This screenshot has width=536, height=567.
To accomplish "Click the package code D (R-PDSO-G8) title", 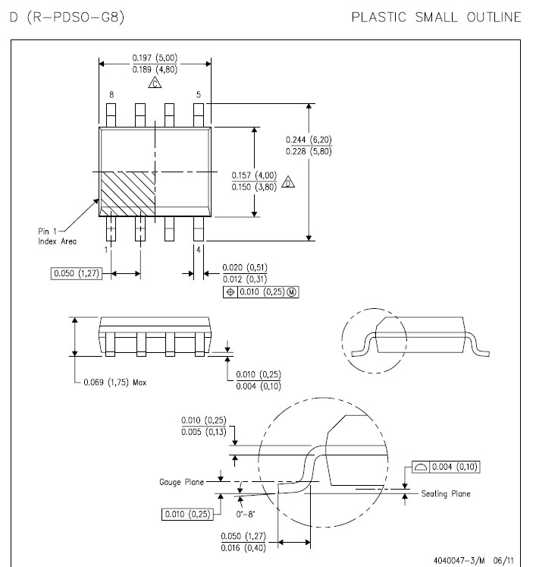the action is pos(67,17).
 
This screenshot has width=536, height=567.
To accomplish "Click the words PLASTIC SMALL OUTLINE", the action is pos(437,17).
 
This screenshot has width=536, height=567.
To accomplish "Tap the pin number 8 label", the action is pos(111,95).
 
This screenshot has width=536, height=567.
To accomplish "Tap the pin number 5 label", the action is pos(199,95).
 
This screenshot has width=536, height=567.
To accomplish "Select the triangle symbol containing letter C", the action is pos(155,83).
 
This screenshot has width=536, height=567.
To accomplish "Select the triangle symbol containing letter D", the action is pos(288,182).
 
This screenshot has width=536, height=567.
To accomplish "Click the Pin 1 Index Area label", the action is pos(57,236).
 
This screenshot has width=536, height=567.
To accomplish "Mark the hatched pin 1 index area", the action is pos(128,194).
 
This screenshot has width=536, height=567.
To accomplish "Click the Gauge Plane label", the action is pos(182,482).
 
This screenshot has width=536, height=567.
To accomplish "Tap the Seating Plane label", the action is pos(446,493).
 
